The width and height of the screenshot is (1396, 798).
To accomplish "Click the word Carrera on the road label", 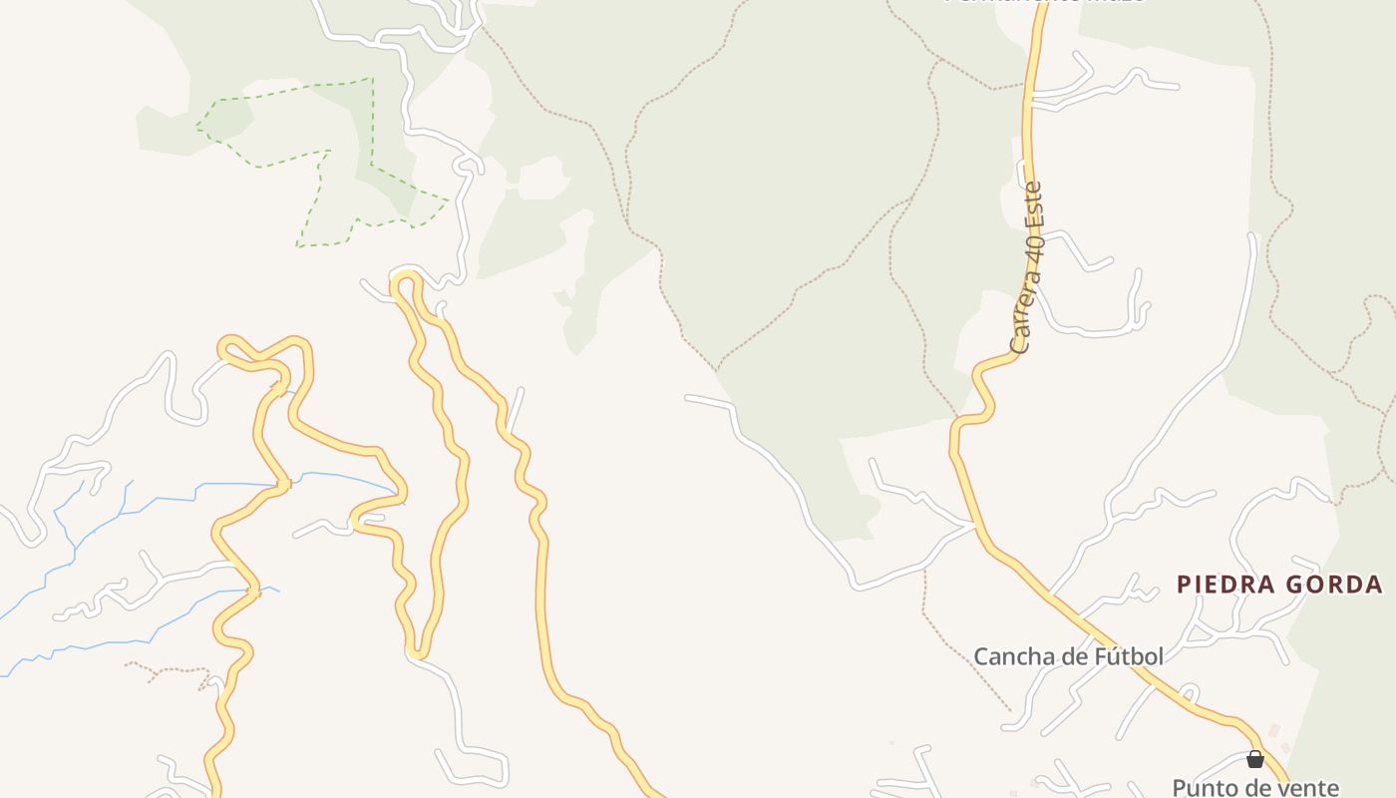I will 1021,319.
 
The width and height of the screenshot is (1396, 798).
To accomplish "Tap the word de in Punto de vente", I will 1256,788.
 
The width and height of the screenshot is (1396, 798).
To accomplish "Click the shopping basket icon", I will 1255,760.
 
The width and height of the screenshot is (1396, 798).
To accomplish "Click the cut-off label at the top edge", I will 1043,2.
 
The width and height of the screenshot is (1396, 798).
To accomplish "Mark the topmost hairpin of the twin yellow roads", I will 404,279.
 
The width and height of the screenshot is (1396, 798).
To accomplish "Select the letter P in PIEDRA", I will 1184,585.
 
